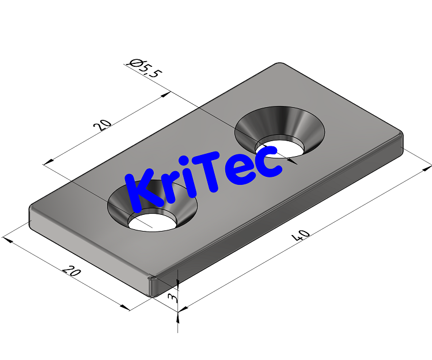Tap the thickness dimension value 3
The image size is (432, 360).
171,297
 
